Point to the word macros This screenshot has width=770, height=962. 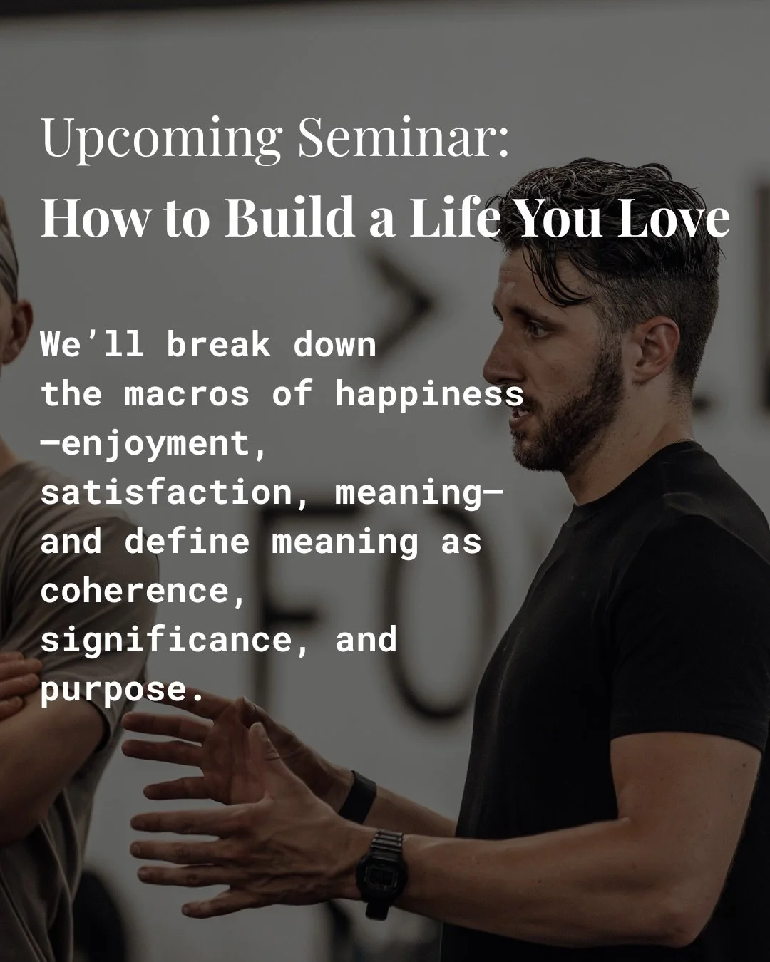188,394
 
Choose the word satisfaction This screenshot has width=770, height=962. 166,493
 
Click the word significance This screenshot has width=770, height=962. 166,639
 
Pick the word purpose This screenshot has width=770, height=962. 113,690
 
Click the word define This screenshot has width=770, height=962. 188,542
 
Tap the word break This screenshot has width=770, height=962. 219,345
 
